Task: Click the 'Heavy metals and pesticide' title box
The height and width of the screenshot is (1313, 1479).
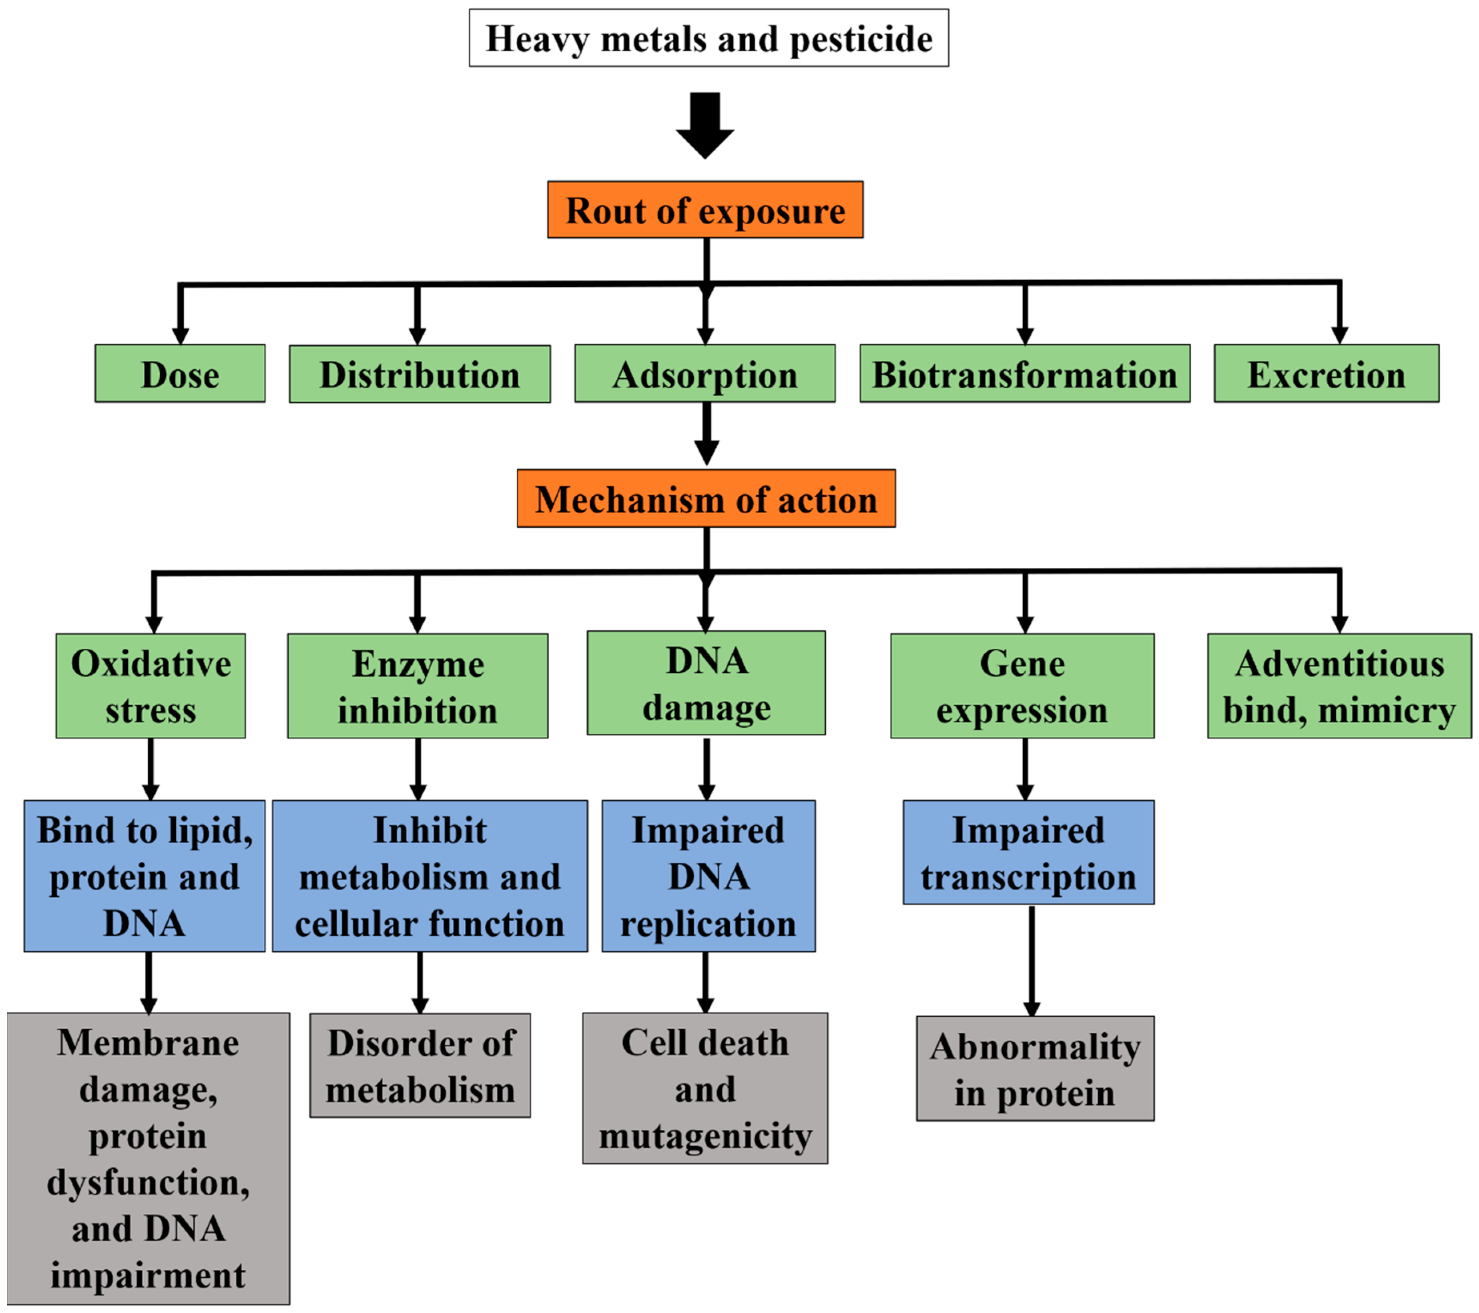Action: click(x=708, y=38)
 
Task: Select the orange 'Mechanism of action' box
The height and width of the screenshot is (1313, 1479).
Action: click(x=706, y=499)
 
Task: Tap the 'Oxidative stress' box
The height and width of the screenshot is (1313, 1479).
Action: click(x=151, y=686)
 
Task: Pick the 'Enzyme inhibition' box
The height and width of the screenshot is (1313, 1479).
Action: click(x=417, y=686)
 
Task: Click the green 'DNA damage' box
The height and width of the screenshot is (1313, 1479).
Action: click(x=706, y=683)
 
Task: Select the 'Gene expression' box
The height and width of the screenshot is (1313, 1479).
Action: click(x=1022, y=686)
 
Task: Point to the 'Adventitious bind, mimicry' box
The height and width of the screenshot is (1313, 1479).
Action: click(x=1339, y=686)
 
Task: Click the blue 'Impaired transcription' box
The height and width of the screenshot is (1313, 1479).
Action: click(x=1028, y=853)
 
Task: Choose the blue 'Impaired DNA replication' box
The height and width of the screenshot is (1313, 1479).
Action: click(x=708, y=876)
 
